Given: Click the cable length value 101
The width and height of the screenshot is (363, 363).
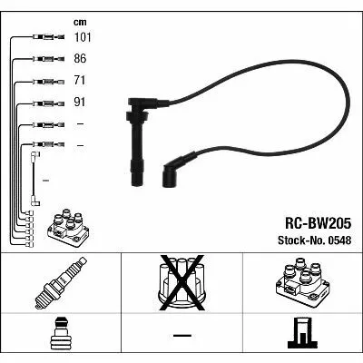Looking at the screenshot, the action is tap(83, 37).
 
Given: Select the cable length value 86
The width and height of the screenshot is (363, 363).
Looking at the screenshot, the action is tap(80, 58).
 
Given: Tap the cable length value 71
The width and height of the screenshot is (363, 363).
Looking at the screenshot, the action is tap(80, 81).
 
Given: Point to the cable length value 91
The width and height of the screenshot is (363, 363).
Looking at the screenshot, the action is tap(80, 103).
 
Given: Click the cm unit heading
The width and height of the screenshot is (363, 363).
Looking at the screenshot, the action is tap(80, 22).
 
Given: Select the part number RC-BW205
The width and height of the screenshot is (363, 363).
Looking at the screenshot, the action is tap(318, 223).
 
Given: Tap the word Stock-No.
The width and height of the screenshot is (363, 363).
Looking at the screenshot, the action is tap(301, 240).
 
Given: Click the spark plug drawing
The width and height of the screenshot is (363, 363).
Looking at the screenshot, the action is tap(61, 283).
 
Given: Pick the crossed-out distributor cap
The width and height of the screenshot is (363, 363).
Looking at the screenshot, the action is tap(181, 283).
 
